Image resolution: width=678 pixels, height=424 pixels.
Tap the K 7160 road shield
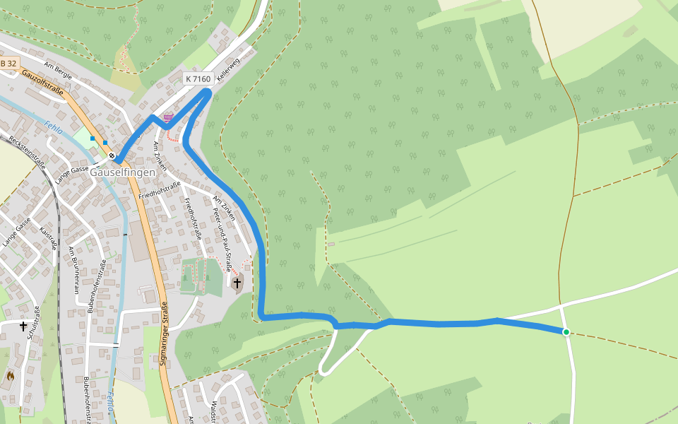(x=198, y=79)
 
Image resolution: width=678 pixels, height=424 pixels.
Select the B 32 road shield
(x=8, y=64)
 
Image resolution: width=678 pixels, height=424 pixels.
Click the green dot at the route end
(x=566, y=331)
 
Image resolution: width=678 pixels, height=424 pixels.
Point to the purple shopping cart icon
(x=168, y=117)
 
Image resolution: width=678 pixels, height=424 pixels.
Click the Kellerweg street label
(x=229, y=71)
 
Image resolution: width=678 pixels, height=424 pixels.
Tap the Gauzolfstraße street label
(x=42, y=83)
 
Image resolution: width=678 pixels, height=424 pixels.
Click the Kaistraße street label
(x=48, y=237)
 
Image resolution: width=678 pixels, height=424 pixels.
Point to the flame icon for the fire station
(x=10, y=377)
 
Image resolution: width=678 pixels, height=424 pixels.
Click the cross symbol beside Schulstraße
(x=23, y=326)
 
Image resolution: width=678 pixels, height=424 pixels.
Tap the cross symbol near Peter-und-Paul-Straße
(x=237, y=284)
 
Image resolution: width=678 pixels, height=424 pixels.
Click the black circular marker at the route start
(x=112, y=155)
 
